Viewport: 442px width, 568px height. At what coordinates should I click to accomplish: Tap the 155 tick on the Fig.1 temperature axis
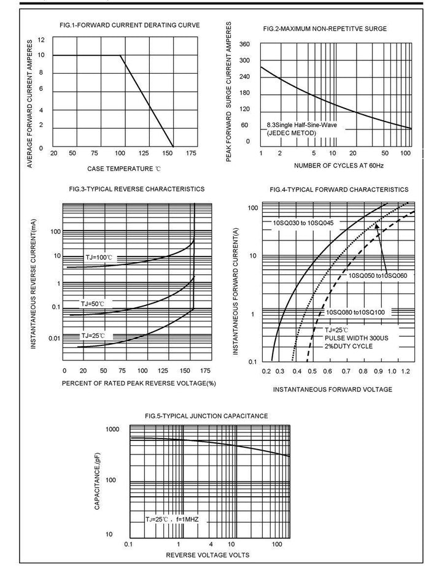[173, 153]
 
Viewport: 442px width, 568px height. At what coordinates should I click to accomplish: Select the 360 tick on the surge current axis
[244, 45]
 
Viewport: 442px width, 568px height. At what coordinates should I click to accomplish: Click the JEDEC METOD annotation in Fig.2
[292, 133]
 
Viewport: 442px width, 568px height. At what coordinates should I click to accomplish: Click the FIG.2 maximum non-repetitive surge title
[325, 29]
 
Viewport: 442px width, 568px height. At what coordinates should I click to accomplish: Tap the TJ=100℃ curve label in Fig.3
[99, 258]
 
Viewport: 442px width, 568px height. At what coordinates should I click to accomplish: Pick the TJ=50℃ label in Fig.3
[93, 304]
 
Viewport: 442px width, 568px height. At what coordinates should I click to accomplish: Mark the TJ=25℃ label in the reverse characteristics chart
[93, 336]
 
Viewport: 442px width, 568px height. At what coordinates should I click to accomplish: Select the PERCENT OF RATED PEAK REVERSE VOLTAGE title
[139, 383]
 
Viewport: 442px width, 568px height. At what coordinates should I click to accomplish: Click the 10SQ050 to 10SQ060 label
[378, 275]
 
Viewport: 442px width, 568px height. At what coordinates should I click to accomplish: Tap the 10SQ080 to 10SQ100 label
[355, 312]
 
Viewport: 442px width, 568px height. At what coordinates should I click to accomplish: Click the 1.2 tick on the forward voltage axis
[405, 372]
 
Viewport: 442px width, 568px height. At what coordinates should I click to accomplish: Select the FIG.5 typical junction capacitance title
[206, 416]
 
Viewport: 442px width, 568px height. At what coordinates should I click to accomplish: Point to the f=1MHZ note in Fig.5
[187, 520]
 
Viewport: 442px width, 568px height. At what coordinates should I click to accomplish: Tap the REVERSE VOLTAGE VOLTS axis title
[207, 555]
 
